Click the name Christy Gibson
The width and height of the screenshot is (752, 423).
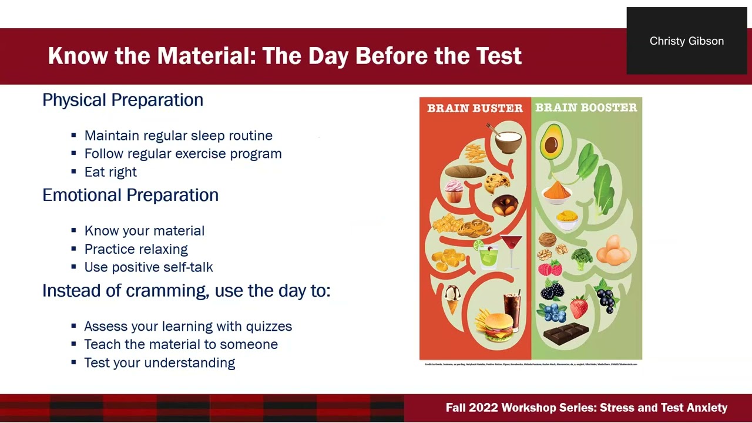pyautogui.click(x=686, y=41)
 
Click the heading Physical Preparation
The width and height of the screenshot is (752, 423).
pyautogui.click(x=123, y=100)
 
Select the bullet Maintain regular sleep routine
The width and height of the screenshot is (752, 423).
pyautogui.click(x=178, y=136)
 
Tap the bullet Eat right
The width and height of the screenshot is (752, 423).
pyautogui.click(x=110, y=172)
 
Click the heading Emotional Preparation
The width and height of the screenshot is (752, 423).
pyautogui.click(x=130, y=195)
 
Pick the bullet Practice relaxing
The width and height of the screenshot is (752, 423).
pyautogui.click(x=136, y=249)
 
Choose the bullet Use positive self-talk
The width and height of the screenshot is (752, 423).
pyautogui.click(x=149, y=267)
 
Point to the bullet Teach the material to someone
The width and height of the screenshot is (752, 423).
pyautogui.click(x=181, y=344)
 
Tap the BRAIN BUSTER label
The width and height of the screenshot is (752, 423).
pyautogui.click(x=475, y=108)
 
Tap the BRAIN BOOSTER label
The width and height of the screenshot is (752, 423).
pyautogui.click(x=586, y=108)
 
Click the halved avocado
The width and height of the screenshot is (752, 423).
pyautogui.click(x=551, y=141)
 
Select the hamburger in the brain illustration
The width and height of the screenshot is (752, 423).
pyautogui.click(x=497, y=325)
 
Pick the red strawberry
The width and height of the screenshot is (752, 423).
pyautogui.click(x=579, y=307)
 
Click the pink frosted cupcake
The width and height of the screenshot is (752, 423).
pyautogui.click(x=454, y=191)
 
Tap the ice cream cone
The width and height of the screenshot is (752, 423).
pyautogui.click(x=452, y=298)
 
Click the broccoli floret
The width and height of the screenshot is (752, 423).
pyautogui.click(x=581, y=257)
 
